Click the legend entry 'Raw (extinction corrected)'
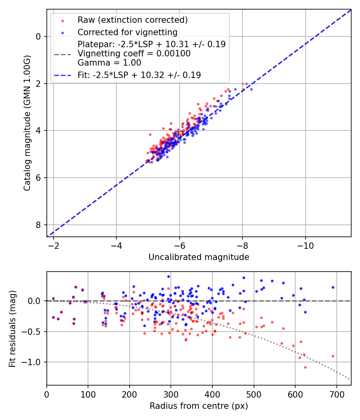pos(132,20)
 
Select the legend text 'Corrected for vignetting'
pos(127,32)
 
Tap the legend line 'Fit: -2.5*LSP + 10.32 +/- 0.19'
pos(139,75)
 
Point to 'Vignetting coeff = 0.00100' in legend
pos(134,54)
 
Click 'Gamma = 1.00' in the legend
pos(109,62)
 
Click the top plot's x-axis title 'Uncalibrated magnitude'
pos(199,257)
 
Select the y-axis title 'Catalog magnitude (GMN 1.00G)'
pos(27,122)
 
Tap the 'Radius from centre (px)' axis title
pos(199,406)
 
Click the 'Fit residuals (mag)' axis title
pos(12,328)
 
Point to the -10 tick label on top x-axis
pos(305,244)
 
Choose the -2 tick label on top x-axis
pos(54,244)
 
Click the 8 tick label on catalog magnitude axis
pos(38,225)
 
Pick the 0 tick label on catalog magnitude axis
pos(38,36)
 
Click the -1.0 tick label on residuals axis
pos(33,362)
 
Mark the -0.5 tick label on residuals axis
pos(33,332)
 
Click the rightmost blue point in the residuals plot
pos(333,287)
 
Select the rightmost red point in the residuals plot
pos(333,356)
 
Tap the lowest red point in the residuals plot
pos(305,367)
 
